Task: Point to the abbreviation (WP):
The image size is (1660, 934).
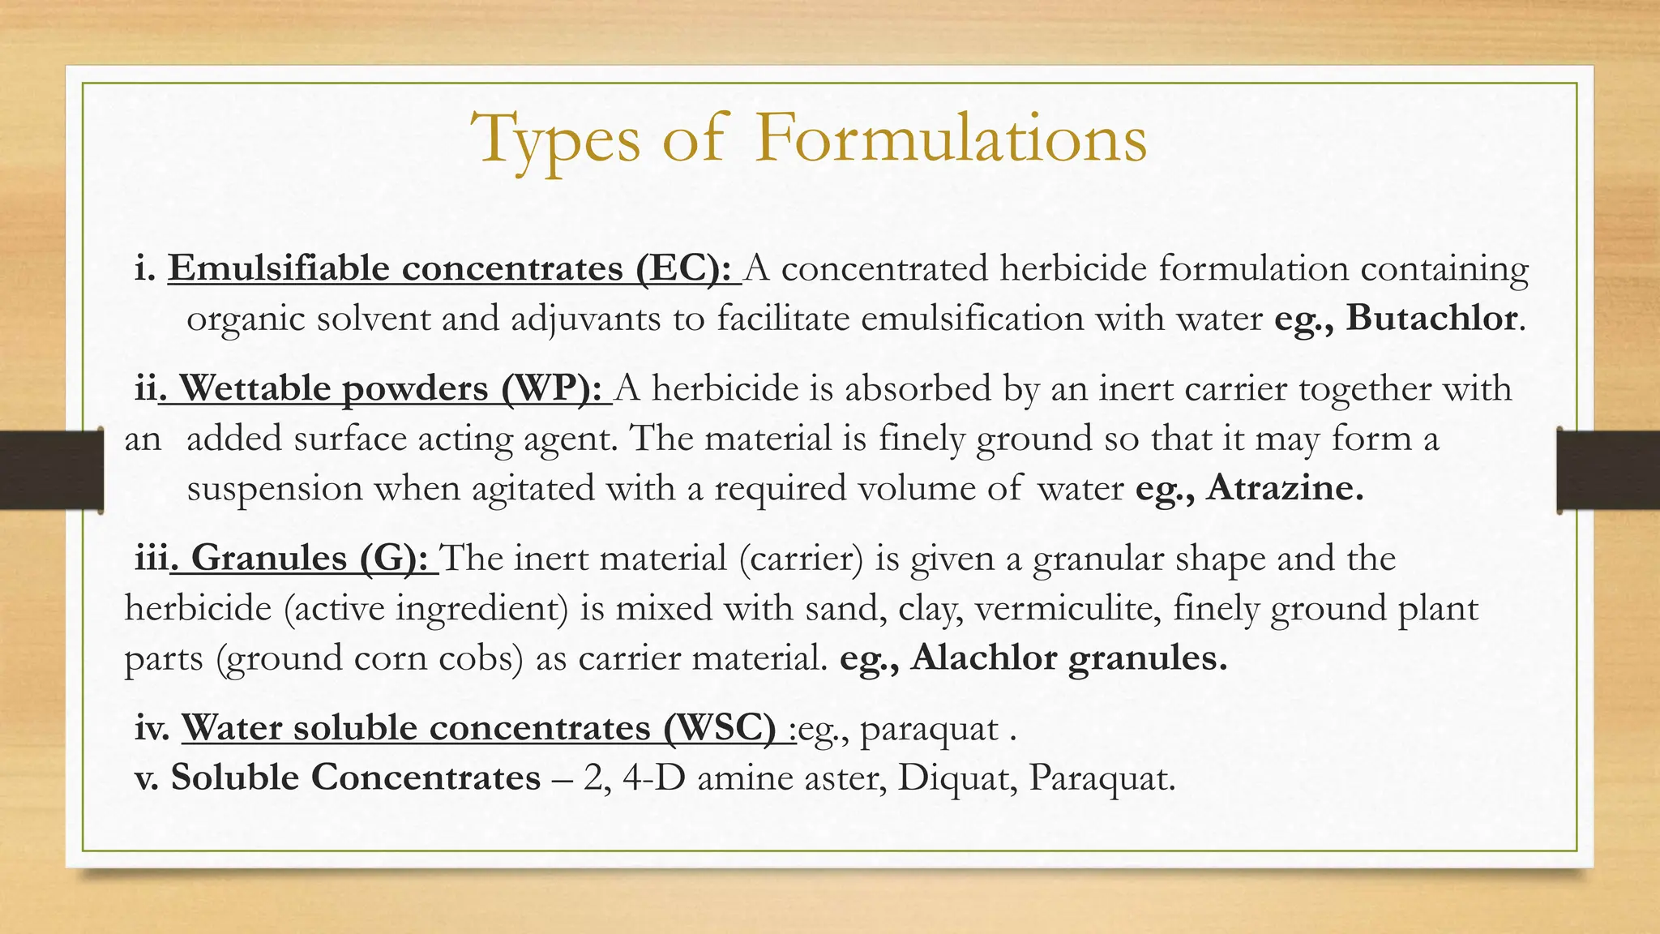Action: coord(551,389)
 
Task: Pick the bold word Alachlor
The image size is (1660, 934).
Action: coord(983,658)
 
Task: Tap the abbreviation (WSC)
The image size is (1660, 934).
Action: coord(718,727)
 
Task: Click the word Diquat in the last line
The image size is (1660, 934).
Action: coord(956,778)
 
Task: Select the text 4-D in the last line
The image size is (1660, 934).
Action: coord(654,778)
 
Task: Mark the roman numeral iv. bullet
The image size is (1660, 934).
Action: coord(152,728)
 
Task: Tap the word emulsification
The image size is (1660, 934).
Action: coord(972,318)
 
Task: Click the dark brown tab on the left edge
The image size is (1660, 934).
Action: coord(51,470)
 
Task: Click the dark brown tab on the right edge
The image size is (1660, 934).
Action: coord(1608,470)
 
